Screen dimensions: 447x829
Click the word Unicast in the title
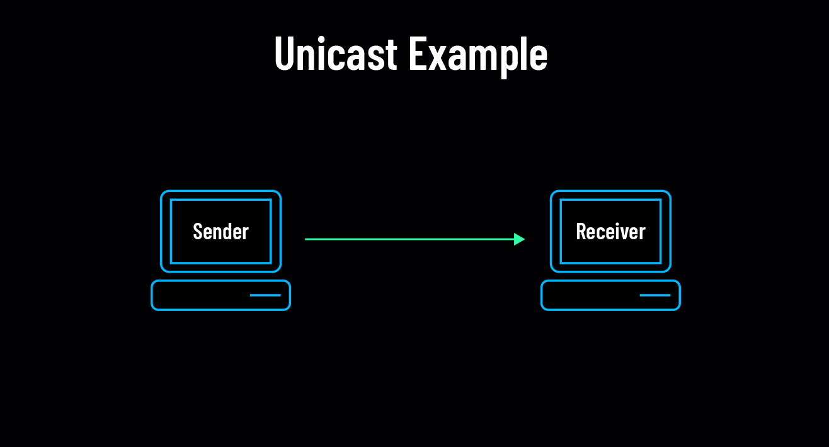(x=336, y=54)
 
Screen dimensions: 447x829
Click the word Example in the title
(x=477, y=54)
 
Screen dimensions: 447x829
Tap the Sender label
(x=220, y=232)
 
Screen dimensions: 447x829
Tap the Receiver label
(x=610, y=232)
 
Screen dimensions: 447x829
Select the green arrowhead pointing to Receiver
(x=520, y=239)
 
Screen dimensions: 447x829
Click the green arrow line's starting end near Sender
(x=307, y=239)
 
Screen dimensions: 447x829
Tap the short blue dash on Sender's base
(x=265, y=295)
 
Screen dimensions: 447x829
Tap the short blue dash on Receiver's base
(x=655, y=295)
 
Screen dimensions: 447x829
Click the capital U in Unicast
(x=285, y=54)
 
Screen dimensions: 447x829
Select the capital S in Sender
(x=198, y=232)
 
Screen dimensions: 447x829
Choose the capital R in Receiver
(x=581, y=232)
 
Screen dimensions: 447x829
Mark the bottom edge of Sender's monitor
(x=220, y=271)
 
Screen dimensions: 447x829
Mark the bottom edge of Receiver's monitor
(x=610, y=271)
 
